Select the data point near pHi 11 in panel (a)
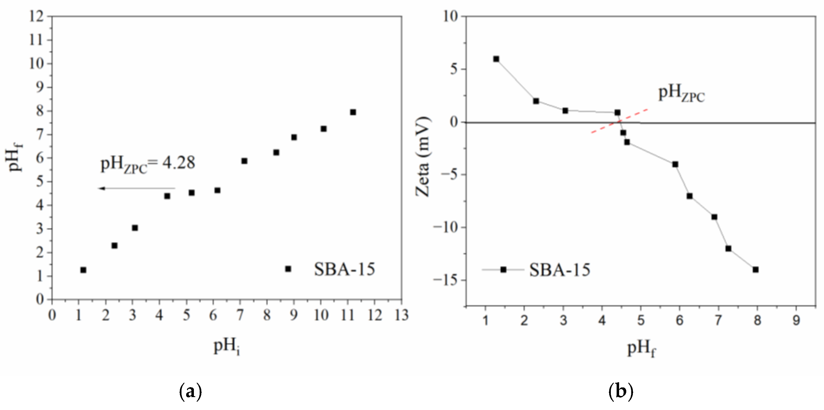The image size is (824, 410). click(x=353, y=112)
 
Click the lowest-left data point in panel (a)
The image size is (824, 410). click(x=83, y=270)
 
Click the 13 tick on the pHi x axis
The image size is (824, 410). click(x=402, y=316)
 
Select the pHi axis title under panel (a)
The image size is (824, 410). click(x=226, y=347)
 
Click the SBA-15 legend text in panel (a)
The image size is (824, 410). click(x=344, y=269)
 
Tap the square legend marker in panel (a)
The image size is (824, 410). click(x=288, y=269)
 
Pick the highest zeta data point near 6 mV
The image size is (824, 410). click(x=496, y=59)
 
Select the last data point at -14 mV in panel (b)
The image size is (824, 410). click(x=755, y=270)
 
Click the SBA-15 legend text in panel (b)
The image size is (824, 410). click(x=559, y=270)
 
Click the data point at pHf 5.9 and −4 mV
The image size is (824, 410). click(x=675, y=164)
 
